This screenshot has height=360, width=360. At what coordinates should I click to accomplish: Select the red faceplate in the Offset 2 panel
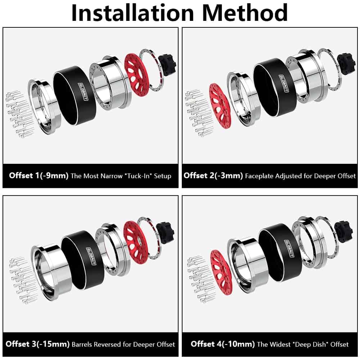point(220,106)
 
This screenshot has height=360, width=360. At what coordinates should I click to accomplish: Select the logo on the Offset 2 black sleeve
point(283,83)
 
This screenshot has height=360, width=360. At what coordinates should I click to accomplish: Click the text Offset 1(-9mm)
point(39,176)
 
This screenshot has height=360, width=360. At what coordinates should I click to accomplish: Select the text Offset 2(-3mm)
point(213,176)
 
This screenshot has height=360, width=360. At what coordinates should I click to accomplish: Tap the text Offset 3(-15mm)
point(37,344)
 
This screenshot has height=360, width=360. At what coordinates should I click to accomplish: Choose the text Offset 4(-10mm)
point(223,344)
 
